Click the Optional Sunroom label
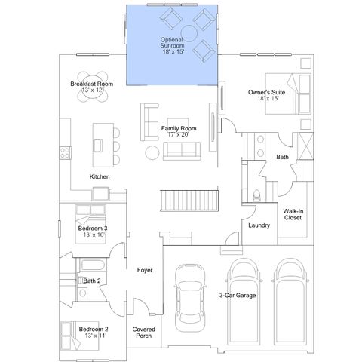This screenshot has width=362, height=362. pos(172,43)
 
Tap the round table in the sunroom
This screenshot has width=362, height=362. pos(189,33)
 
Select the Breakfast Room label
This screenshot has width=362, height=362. pos(91,84)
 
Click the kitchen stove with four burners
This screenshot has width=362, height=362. pos(65,153)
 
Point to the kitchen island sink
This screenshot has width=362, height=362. pos(98,146)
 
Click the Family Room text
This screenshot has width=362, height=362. pos(179,128)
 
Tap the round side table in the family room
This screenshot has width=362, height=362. pos(152,153)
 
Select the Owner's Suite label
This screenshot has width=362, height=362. pos(266,92)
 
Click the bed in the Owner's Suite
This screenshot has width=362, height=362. pos(288,94)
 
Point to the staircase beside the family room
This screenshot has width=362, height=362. pos(189,201)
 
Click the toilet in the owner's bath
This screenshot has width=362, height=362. pos(256,195)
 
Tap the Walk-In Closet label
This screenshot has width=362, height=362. pos(293,214)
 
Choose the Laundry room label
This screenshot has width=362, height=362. pos(259,225)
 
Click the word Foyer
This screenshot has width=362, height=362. pos(145,270)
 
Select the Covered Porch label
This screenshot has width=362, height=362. pos(143,333)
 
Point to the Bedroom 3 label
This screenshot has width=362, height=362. pos(93,229)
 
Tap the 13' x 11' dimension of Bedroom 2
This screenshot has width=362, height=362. pos(95,336)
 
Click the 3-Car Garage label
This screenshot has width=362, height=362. pos(238,296)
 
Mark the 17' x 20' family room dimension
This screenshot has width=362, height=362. pos(178,134)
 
